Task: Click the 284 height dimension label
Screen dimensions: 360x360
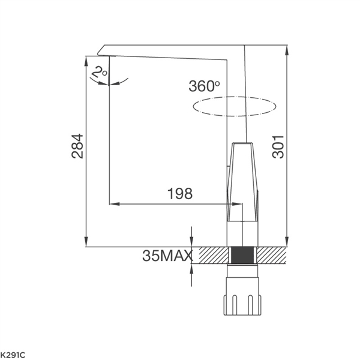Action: click(x=77, y=146)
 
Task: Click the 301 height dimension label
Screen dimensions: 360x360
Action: click(x=278, y=147)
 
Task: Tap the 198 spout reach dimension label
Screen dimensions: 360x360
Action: click(x=180, y=194)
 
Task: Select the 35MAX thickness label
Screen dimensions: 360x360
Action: click(x=167, y=256)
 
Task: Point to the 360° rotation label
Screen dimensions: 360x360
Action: click(x=204, y=86)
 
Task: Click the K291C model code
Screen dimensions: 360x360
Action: click(x=13, y=355)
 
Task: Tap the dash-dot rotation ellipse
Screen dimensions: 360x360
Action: click(x=234, y=97)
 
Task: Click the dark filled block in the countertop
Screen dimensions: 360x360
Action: click(x=242, y=256)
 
